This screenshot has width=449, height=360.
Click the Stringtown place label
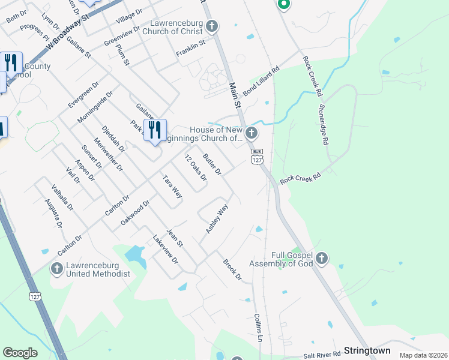tap(367, 350)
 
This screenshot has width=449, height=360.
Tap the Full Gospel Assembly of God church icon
tap(322, 259)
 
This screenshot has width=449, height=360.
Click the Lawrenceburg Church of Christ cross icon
tap(211, 26)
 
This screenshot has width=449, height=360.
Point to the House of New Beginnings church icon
tap(252, 133)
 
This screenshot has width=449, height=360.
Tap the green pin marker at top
tap(284, 5)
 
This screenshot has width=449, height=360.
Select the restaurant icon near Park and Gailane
tap(155, 130)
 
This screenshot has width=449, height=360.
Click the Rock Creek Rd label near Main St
tap(300, 178)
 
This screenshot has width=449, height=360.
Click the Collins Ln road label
tap(259, 327)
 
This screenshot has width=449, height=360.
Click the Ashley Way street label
tap(217, 219)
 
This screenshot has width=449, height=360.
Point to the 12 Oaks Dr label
tap(196, 168)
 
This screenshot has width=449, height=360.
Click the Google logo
tap(20, 353)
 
